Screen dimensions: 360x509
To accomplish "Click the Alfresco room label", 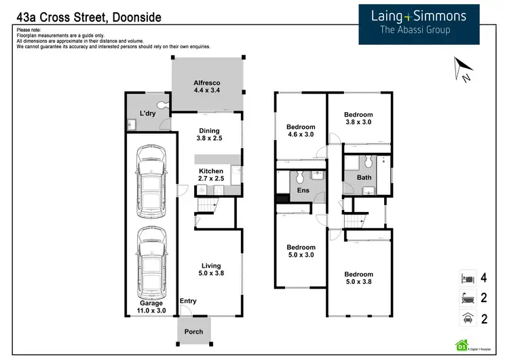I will [x=207, y=86].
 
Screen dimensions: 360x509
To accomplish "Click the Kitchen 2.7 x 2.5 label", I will [x=210, y=175].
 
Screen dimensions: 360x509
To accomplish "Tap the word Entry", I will [x=187, y=301].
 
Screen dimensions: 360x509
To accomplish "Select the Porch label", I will [x=194, y=331].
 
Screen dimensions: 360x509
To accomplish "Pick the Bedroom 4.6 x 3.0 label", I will [x=301, y=131].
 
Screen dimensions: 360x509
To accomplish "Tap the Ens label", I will [x=303, y=191].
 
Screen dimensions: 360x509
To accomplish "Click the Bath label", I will [x=364, y=178].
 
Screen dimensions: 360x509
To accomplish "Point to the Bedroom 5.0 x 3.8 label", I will [x=358, y=278].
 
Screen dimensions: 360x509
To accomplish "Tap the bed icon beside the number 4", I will [x=467, y=278].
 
